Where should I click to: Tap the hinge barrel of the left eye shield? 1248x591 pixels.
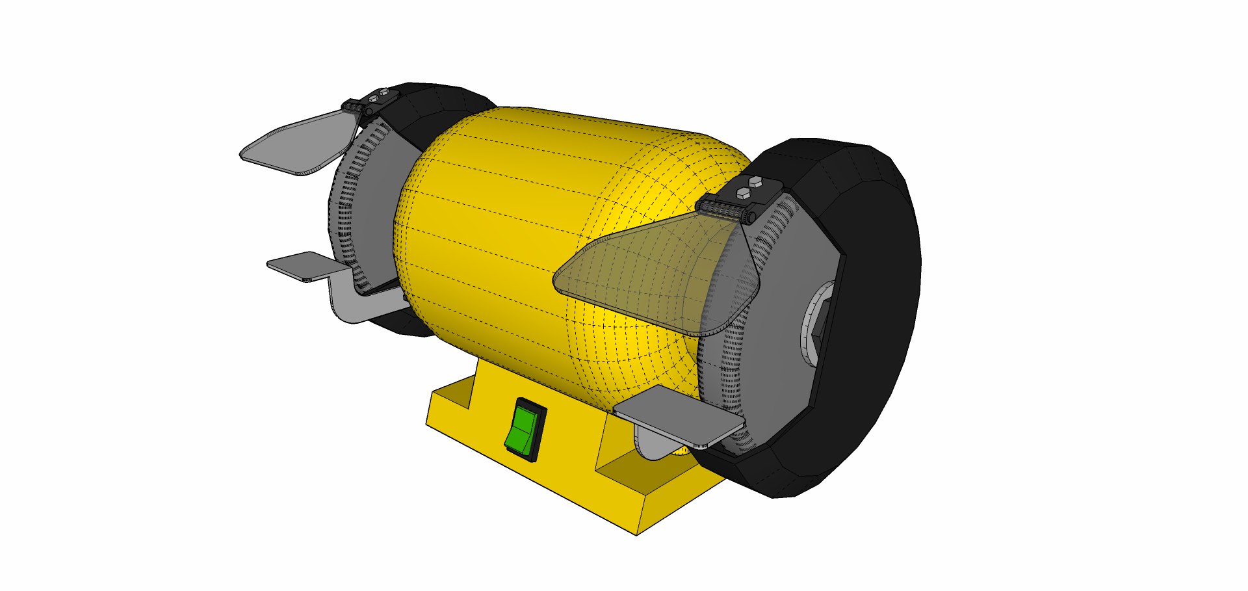point(354,106)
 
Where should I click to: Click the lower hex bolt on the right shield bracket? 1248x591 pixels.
point(742,192)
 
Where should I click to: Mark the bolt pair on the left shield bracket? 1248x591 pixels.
point(378,97)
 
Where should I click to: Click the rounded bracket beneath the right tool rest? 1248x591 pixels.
point(653,445)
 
